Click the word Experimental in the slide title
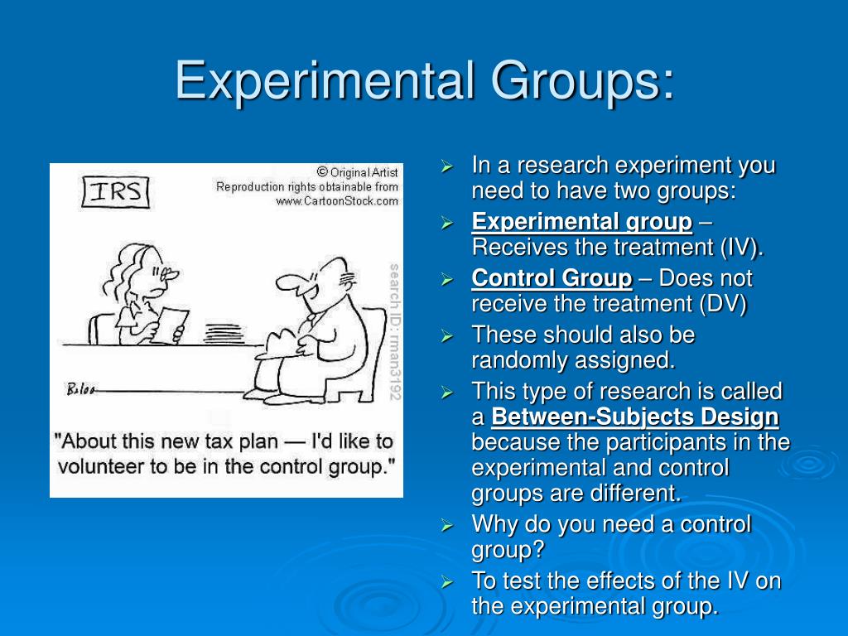324,80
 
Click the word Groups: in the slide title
580,80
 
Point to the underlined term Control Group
552,278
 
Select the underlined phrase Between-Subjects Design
634,417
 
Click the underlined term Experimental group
581,222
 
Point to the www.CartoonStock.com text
337,200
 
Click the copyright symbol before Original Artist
322,172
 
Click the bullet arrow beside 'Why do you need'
447,525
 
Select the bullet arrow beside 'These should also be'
447,336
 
